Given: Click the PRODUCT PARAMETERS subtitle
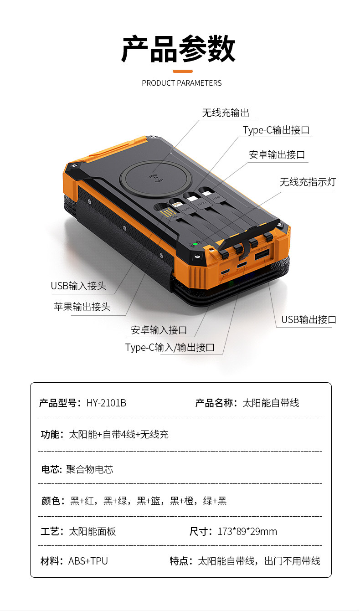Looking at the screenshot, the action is pyautogui.click(x=182, y=83).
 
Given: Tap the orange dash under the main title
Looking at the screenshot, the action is pyautogui.click(x=183, y=72).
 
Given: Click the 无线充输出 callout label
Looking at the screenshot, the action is pyautogui.click(x=226, y=113).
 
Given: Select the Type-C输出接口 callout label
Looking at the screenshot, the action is pyautogui.click(x=276, y=130).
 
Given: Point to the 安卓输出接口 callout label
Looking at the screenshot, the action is pyautogui.click(x=277, y=154).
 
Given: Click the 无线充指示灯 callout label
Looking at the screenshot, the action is pyautogui.click(x=308, y=182).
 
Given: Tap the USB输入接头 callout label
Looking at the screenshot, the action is pyautogui.click(x=78, y=286).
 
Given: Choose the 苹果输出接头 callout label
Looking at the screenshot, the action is pyautogui.click(x=82, y=307).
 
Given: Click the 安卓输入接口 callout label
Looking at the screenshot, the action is pyautogui.click(x=159, y=330).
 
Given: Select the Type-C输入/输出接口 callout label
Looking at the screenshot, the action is pyautogui.click(x=170, y=348).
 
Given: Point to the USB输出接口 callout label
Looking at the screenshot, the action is pyautogui.click(x=309, y=319).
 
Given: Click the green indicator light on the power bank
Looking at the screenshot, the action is pyautogui.click(x=195, y=244).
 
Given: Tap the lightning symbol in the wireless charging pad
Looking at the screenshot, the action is pyautogui.click(x=156, y=178).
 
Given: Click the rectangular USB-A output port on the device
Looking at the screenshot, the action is pyautogui.click(x=262, y=254).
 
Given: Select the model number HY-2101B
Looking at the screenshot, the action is pyautogui.click(x=106, y=403).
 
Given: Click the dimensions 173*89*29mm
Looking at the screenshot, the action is pyautogui.click(x=247, y=531).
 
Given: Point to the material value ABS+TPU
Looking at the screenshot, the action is pyautogui.click(x=88, y=561).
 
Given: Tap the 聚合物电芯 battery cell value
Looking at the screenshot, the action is pyautogui.click(x=89, y=469).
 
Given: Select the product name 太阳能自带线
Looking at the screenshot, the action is pyautogui.click(x=271, y=403).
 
